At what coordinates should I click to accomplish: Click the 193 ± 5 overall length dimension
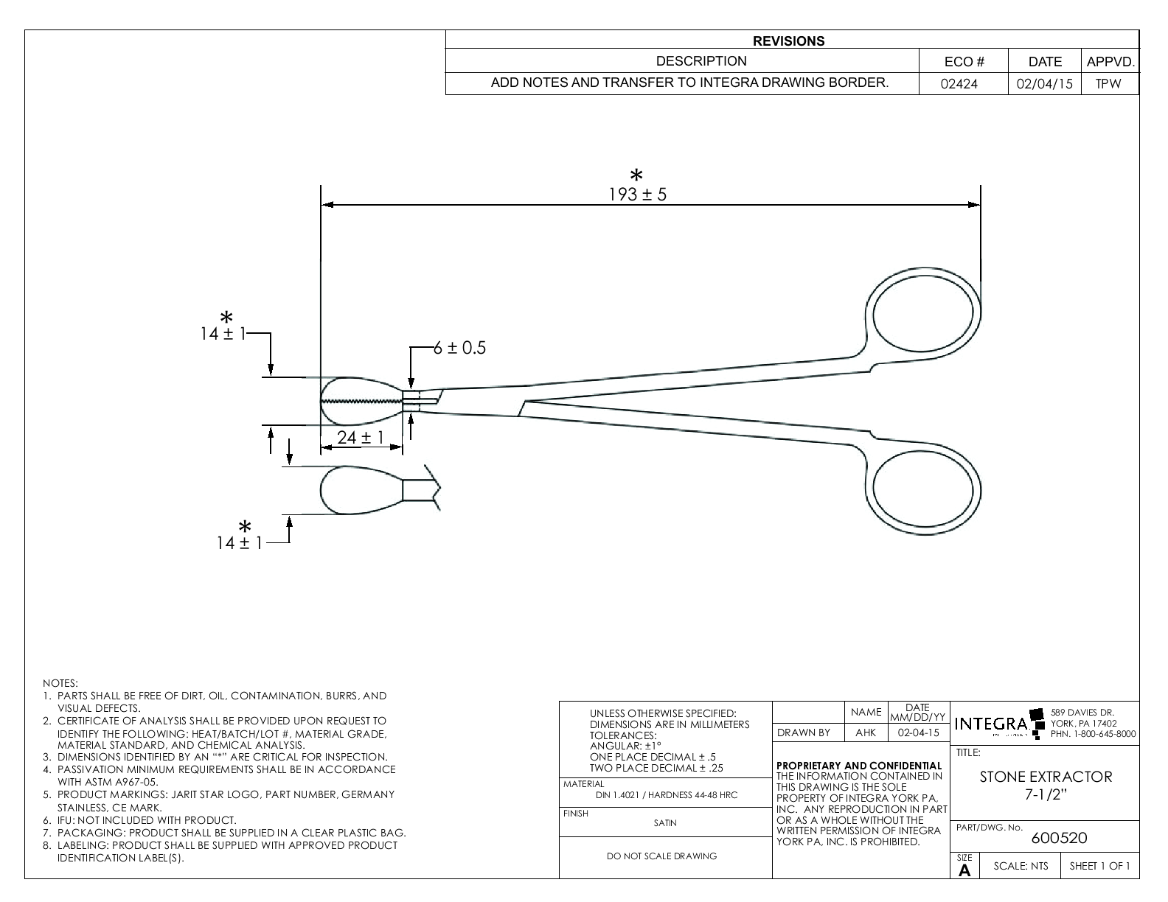637,195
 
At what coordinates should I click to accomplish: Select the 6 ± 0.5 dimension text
459,348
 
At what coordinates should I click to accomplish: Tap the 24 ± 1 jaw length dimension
361,438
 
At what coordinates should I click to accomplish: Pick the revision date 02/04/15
1044,84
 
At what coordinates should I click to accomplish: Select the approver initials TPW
1108,84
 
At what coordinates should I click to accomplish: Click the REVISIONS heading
790,41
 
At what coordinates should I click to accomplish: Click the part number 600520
1059,838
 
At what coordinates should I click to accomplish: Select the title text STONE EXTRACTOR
1046,777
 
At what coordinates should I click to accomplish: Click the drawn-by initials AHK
866,733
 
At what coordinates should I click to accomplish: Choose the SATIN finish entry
665,823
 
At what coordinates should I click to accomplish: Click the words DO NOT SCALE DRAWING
661,856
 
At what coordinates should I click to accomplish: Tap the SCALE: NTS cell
1020,866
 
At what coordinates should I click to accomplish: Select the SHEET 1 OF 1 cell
1099,866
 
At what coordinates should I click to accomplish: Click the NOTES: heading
60,684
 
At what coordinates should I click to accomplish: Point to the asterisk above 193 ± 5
636,175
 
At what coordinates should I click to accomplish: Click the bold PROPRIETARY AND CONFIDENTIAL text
859,766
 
